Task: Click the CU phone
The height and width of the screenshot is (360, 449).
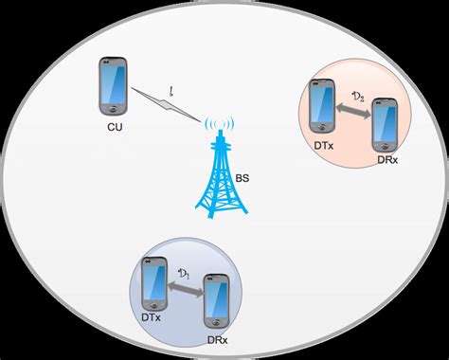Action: coord(113,86)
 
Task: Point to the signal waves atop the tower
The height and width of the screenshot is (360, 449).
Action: coord(219,124)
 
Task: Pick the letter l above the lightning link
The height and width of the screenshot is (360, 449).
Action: coord(171,91)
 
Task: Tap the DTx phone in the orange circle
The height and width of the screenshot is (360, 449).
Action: coord(324,108)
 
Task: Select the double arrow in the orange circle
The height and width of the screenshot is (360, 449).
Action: coord(353,112)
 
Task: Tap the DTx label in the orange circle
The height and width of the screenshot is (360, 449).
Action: coord(324,147)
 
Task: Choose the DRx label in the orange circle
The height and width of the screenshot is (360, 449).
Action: coord(383,162)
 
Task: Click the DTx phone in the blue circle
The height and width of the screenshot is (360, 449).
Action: coord(154,281)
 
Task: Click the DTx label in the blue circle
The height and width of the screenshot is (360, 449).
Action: coord(153,321)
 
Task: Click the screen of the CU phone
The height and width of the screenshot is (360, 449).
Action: coord(113,86)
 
